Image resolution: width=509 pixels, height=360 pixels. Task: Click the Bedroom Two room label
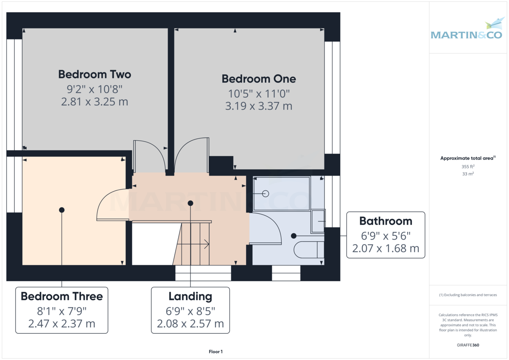[94, 75]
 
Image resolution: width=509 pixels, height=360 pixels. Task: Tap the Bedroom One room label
[259, 79]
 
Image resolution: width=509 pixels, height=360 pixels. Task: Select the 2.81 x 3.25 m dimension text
[94, 102]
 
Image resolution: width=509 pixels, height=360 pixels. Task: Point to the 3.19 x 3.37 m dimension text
[259, 106]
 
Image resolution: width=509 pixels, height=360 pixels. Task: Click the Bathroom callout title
[386, 221]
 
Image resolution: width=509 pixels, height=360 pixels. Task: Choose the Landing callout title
[190, 296]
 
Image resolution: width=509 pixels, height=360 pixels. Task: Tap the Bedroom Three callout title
[62, 296]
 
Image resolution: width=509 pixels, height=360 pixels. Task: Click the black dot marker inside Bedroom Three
[62, 210]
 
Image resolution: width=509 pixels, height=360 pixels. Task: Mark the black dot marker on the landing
[190, 204]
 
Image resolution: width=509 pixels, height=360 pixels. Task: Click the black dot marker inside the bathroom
[294, 235]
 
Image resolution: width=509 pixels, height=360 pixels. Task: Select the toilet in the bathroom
[309, 250]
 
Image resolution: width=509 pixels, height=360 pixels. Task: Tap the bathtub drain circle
[266, 194]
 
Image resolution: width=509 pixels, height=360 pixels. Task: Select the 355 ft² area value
[468, 167]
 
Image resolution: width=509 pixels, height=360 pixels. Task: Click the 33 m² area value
[468, 174]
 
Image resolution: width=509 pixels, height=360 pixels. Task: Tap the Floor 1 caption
[215, 352]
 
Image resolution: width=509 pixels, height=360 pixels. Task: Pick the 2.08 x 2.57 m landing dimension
[190, 324]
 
